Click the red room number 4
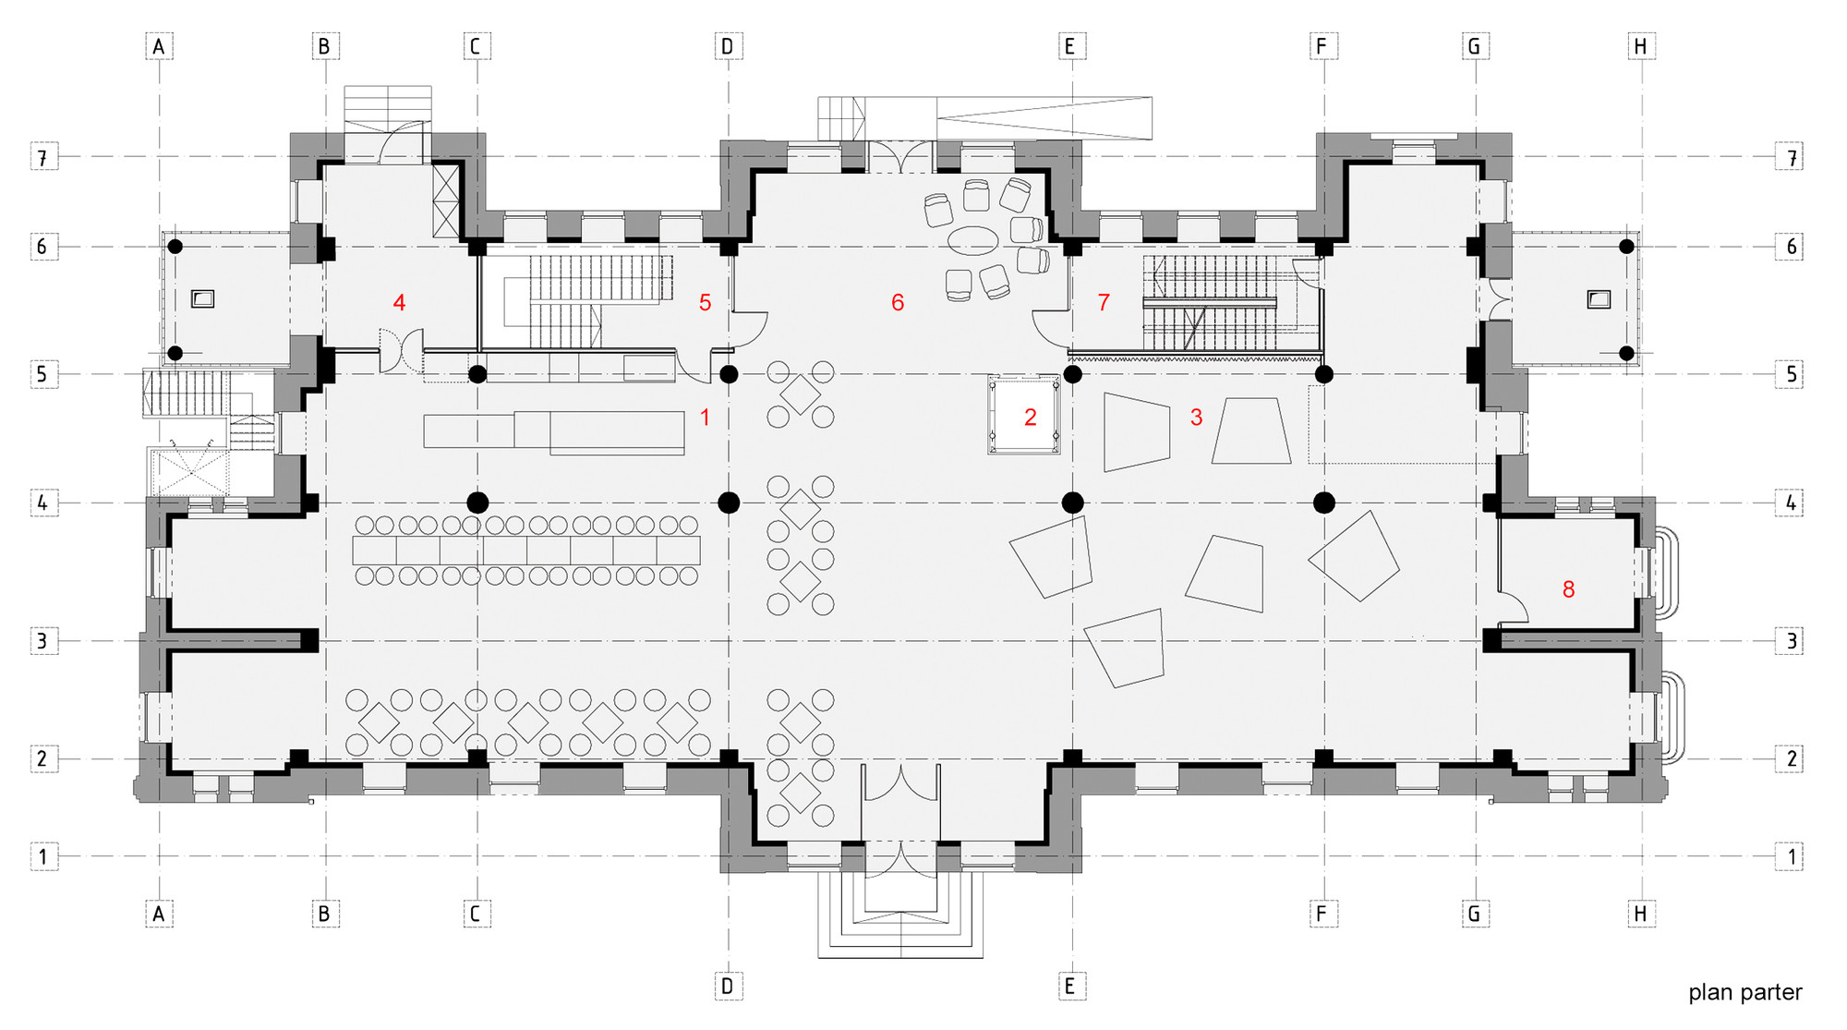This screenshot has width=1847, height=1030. point(399,302)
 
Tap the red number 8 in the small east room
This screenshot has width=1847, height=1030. point(1568,588)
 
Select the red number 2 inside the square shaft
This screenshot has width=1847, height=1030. point(1031,418)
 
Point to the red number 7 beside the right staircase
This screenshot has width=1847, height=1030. point(1103,302)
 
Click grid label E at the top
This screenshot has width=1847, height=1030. point(1069,46)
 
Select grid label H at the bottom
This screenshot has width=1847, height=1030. point(1640,914)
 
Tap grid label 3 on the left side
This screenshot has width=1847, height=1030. point(42,640)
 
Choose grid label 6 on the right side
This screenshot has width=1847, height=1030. point(1791,247)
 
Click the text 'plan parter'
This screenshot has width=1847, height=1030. point(1744,993)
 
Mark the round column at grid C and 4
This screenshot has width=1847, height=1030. point(477,503)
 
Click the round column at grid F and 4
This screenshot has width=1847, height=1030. point(1323,503)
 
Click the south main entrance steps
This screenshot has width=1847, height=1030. point(900,924)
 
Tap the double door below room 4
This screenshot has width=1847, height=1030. point(401,352)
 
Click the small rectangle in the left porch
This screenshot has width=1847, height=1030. point(202,299)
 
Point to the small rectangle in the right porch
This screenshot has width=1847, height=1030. point(1598,299)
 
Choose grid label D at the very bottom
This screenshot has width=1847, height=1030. point(727,986)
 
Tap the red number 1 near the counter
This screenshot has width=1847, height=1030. point(705,418)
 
